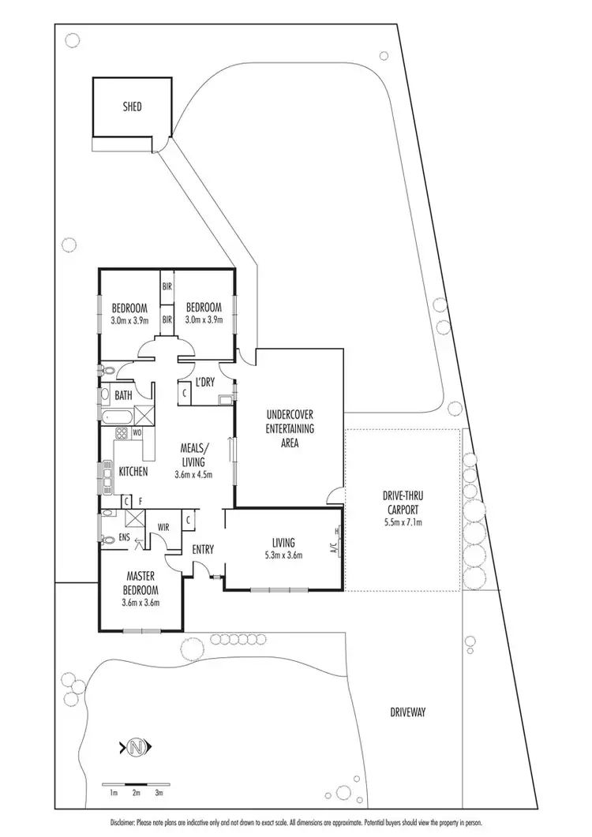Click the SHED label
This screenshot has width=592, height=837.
click(132, 106)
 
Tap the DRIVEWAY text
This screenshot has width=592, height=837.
click(407, 712)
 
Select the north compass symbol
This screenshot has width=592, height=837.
click(136, 746)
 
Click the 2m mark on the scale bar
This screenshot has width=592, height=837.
click(136, 792)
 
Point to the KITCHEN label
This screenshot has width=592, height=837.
click(133, 471)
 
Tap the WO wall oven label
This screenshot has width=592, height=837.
click(137, 433)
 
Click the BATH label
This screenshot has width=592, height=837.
click(123, 395)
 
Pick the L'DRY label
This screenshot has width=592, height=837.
click(204, 383)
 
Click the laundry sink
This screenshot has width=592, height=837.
click(225, 399)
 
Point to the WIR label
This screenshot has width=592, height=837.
click(165, 526)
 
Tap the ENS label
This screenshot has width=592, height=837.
click(123, 538)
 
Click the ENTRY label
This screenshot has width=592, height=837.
click(203, 550)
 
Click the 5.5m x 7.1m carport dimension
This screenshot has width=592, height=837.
click(403, 521)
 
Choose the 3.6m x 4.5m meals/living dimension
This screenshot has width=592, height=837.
click(193, 474)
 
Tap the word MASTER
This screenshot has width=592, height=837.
click(141, 578)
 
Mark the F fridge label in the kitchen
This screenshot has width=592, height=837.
click(139, 499)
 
